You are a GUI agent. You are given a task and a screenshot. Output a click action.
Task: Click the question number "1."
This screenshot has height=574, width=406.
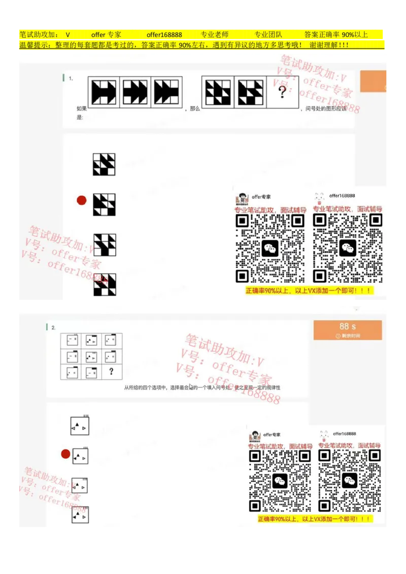[71, 79]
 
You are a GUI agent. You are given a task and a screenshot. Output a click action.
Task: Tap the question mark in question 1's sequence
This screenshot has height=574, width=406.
[282, 91]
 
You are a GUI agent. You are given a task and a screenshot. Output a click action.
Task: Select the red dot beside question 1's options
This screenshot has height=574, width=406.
[81, 200]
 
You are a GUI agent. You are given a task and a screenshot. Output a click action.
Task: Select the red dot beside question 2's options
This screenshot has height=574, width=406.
[65, 454]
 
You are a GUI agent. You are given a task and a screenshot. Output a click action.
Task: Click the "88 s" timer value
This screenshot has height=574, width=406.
[348, 326]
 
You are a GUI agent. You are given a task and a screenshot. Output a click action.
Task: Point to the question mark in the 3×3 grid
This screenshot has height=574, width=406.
[111, 372]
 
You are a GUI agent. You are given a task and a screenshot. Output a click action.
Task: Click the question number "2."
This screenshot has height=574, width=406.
[53, 328]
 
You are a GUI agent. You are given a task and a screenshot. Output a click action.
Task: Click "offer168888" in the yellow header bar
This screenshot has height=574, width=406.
[164, 34]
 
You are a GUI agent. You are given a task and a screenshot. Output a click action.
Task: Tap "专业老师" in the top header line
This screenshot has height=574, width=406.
[214, 34]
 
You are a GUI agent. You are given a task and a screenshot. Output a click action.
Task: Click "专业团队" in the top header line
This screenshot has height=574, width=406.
[268, 34]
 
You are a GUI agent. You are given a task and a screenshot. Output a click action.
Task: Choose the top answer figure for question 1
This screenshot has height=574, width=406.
[104, 164]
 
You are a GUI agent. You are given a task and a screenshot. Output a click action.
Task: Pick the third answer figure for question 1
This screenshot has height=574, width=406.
[105, 245]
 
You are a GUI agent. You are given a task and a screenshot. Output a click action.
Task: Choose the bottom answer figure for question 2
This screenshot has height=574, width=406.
[80, 515]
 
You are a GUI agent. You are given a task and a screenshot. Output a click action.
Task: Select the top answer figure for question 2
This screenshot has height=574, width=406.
[80, 425]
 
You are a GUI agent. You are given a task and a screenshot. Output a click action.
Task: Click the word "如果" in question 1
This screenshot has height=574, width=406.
[81, 109]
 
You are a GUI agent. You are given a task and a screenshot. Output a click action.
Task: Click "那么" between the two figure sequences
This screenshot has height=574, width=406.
[195, 109]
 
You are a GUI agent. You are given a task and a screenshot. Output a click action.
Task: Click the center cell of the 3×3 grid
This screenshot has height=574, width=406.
[91, 355]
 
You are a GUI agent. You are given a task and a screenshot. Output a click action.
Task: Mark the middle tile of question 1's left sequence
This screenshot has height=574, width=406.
[135, 92]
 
